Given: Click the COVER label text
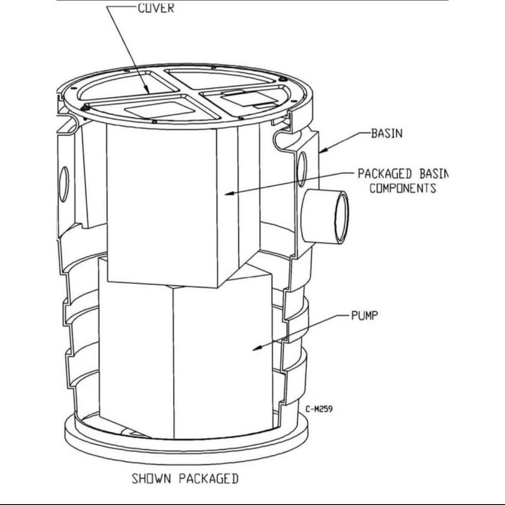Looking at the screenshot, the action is (156, 8).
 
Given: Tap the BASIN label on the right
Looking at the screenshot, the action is (387, 133).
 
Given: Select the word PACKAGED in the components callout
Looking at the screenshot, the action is (385, 174).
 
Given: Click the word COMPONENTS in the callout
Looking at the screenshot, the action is (403, 188).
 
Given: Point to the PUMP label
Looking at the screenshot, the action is (364, 316).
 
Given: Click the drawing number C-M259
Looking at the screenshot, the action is (319, 409).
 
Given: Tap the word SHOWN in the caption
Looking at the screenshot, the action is (151, 478).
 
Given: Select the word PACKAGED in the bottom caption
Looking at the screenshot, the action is (209, 478).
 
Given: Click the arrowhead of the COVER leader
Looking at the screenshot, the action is (147, 90).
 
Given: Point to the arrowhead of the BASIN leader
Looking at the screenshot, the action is (323, 150).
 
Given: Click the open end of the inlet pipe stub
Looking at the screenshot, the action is (341, 217).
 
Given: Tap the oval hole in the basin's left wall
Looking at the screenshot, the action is (64, 184).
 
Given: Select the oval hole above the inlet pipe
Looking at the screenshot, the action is (302, 169).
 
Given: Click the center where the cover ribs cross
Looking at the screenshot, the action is (189, 92).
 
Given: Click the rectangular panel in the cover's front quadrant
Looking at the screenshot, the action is (160, 110).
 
